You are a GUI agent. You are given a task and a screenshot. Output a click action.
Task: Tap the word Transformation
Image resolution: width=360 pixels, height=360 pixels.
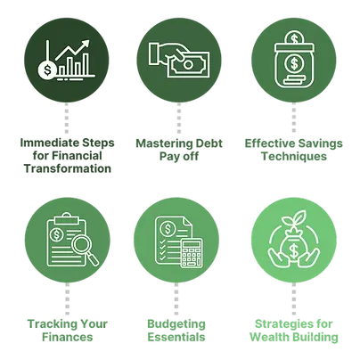click(x=68, y=168)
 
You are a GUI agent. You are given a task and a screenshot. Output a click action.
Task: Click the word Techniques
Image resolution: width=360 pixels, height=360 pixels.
click(x=294, y=156)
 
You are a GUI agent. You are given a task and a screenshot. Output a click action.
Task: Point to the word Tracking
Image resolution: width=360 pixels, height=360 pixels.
click(x=50, y=324)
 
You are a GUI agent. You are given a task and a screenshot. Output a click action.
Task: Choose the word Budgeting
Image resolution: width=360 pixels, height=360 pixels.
click(x=176, y=324)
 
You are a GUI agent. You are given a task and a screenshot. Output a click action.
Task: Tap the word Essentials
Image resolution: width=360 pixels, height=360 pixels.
click(x=176, y=337)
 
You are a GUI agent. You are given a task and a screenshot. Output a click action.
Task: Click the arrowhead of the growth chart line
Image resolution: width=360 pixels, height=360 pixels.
click(x=86, y=44)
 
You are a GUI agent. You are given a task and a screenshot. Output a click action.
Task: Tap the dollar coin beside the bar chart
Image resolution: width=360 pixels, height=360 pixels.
click(x=47, y=70)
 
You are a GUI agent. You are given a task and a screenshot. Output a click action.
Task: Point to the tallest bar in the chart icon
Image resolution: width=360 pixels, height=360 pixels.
click(x=86, y=64)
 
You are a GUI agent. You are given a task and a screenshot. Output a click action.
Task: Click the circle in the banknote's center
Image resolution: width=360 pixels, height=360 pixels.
click(x=188, y=64)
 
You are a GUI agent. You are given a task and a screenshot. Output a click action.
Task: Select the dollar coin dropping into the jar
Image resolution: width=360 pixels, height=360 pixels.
click(x=294, y=38)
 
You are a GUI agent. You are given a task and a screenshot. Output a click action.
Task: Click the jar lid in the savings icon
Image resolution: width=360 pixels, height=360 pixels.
click(x=294, y=47)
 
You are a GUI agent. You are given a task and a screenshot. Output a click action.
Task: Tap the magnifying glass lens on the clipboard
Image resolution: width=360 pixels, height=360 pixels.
click(x=81, y=245)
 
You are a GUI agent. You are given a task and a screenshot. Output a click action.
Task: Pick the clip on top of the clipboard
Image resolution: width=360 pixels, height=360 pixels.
click(x=66, y=219)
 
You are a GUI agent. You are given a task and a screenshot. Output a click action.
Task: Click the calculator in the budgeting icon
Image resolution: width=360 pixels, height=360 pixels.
click(x=192, y=252)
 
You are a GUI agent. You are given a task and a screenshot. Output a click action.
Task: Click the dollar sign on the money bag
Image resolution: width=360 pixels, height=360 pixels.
click(x=294, y=250)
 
